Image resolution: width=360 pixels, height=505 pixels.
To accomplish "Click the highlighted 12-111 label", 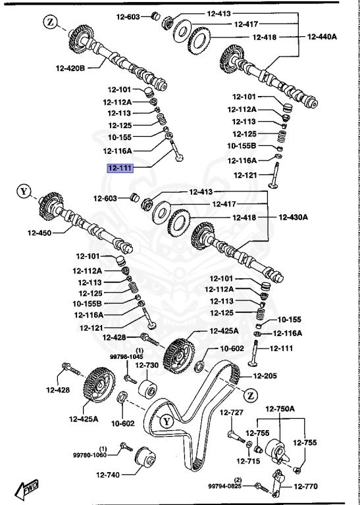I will pyautogui.click(x=120, y=168).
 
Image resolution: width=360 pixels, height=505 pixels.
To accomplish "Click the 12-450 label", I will pyautogui.click(x=39, y=232).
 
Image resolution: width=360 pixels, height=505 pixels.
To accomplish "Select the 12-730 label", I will pyautogui.click(x=147, y=365).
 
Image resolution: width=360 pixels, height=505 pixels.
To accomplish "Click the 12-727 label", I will pyautogui.click(x=232, y=412).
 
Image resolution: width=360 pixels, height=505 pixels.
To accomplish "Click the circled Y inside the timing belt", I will pyautogui.click(x=167, y=421).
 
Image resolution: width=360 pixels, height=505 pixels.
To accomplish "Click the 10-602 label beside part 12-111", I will pyautogui.click(x=232, y=349).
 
